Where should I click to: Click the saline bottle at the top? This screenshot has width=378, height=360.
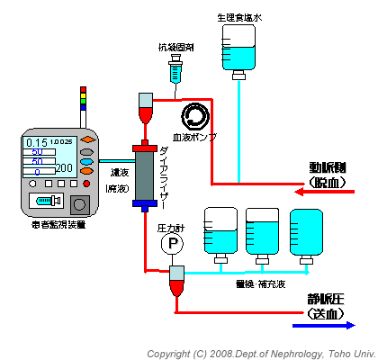pos(240,48)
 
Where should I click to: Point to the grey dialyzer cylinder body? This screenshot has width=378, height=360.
pos(144,175)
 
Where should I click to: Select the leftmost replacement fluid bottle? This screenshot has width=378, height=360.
pos(220,231)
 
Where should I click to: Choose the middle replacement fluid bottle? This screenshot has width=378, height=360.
pos(263,231)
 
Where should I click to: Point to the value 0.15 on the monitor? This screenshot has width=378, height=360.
pos(37,143)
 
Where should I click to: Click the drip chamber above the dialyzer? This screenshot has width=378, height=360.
pos(146,109)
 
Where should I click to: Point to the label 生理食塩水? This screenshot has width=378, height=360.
pos(238,17)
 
